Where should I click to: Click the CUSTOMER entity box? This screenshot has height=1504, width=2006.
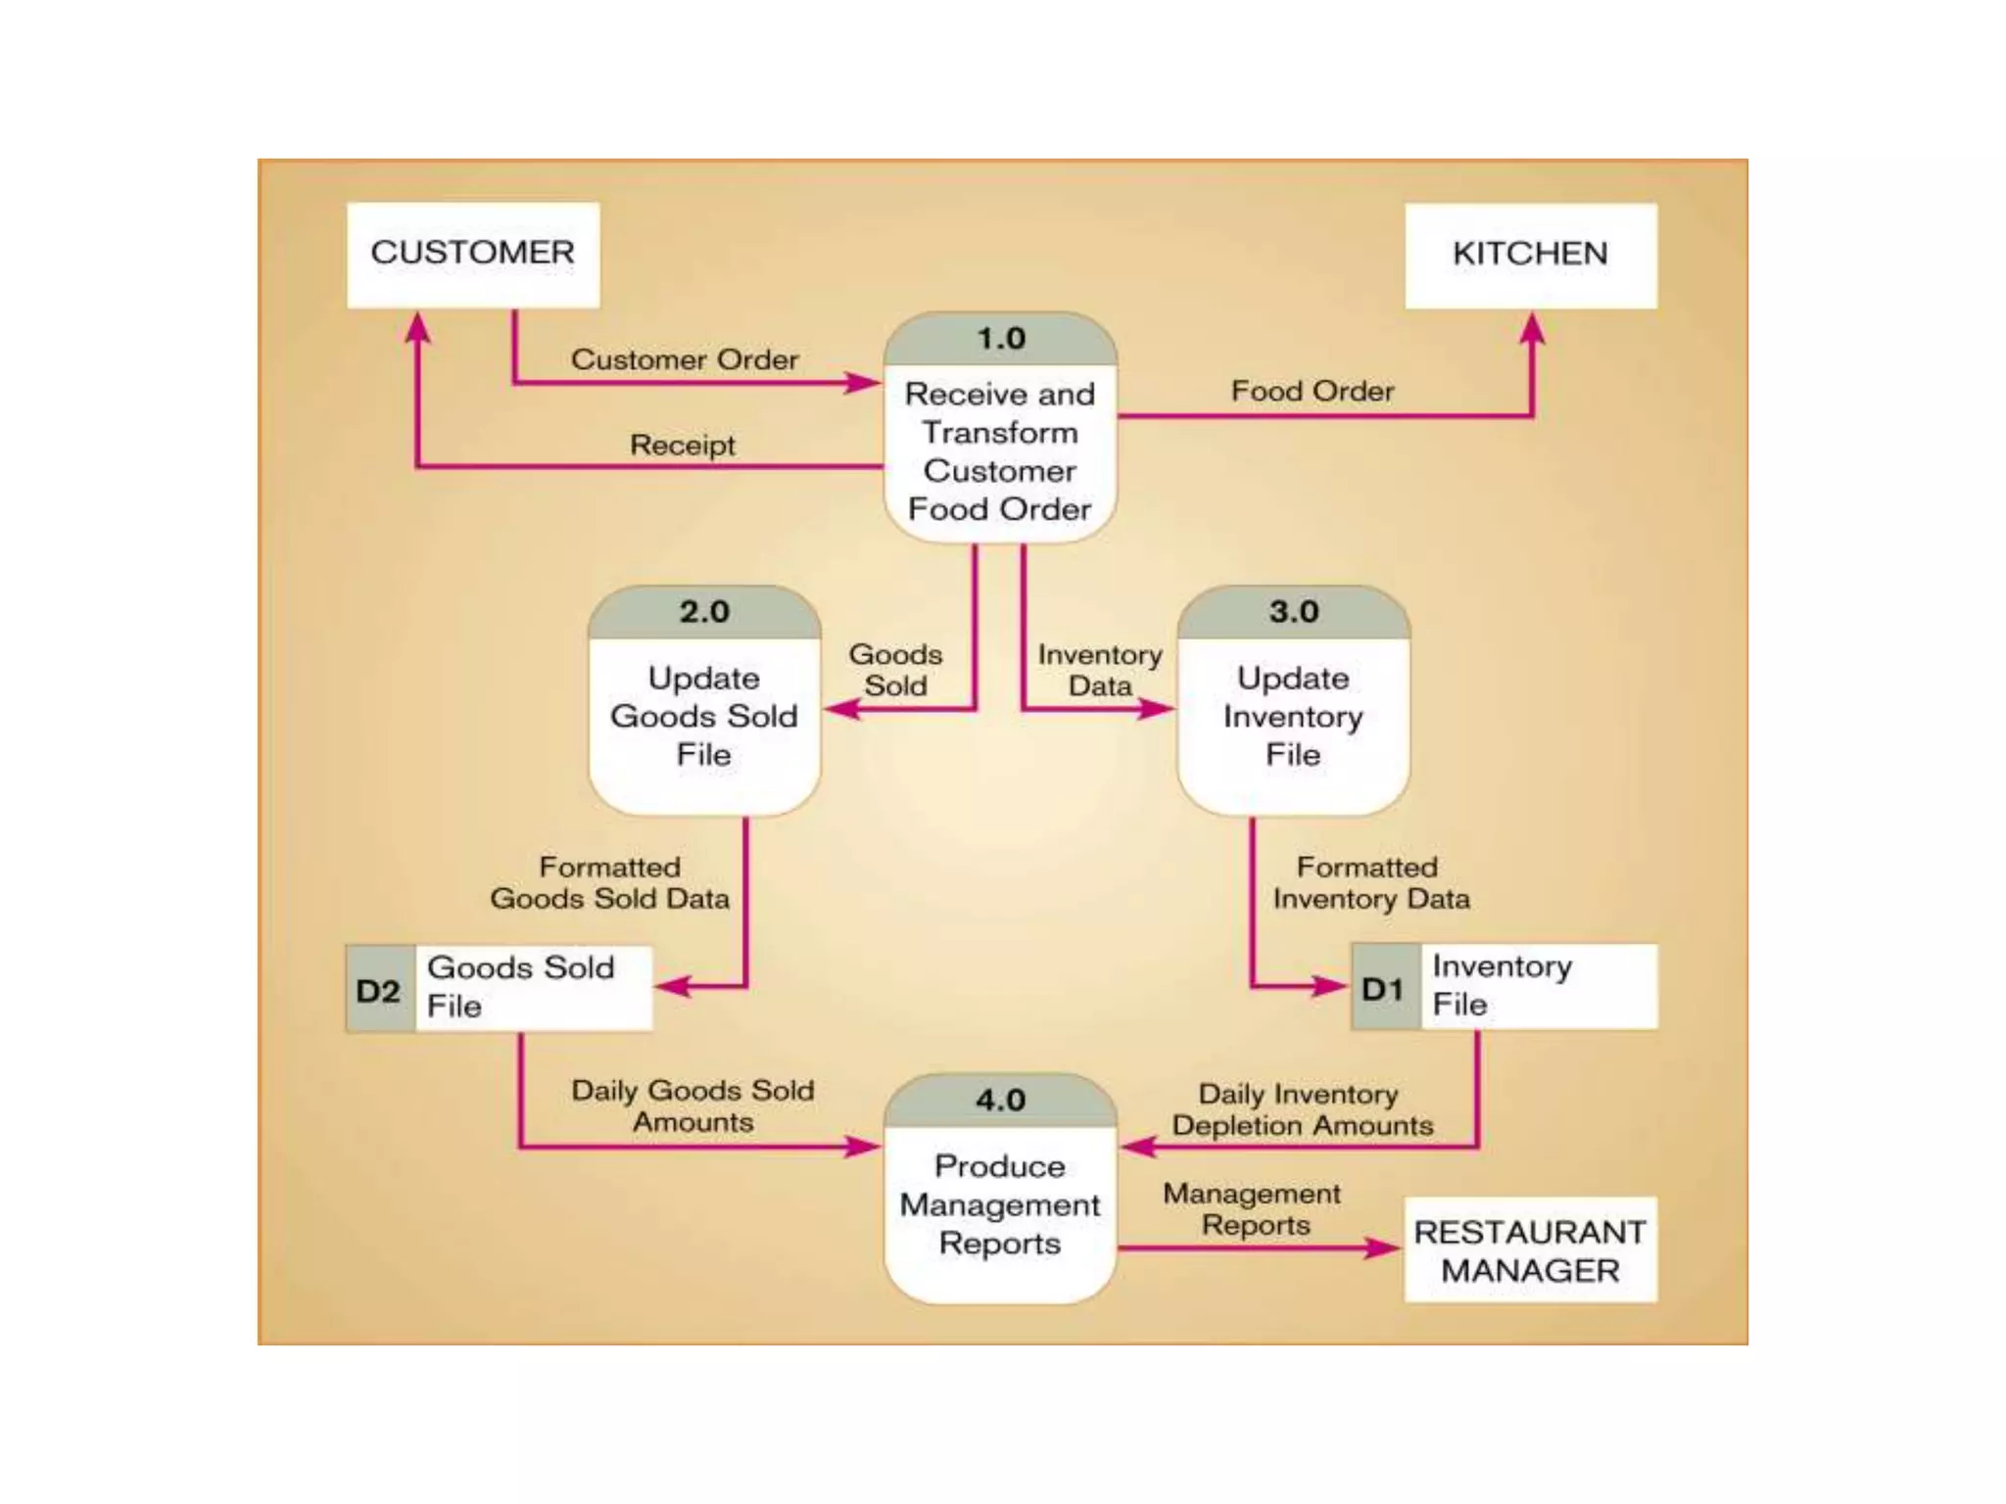click(473, 255)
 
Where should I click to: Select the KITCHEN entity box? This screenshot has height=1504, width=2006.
click(1530, 255)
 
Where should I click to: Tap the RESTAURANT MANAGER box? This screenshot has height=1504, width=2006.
click(1530, 1250)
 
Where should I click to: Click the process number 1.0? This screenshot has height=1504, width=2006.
click(1000, 339)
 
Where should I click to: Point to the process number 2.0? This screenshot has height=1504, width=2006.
click(704, 612)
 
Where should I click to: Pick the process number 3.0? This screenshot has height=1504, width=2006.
click(1293, 612)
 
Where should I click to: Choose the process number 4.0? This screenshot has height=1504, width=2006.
click(1000, 1100)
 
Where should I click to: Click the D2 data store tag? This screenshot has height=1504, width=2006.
click(379, 990)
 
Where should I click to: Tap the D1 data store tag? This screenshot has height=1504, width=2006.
click(1384, 988)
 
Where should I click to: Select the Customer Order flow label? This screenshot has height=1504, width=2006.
click(685, 359)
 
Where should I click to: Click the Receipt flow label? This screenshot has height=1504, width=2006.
click(682, 446)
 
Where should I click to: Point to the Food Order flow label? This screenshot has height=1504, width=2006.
click(1312, 392)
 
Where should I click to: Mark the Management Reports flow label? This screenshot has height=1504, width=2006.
click(1253, 1209)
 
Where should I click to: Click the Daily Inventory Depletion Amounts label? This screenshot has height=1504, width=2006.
click(1301, 1109)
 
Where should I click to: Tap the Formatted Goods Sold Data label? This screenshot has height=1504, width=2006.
click(609, 883)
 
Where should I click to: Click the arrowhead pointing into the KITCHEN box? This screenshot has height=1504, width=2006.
click(1533, 328)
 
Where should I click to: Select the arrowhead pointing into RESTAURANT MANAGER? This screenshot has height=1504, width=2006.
click(1383, 1247)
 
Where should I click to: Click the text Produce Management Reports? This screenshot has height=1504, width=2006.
click(1000, 1205)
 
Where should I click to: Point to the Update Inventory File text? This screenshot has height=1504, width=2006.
click(1293, 717)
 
